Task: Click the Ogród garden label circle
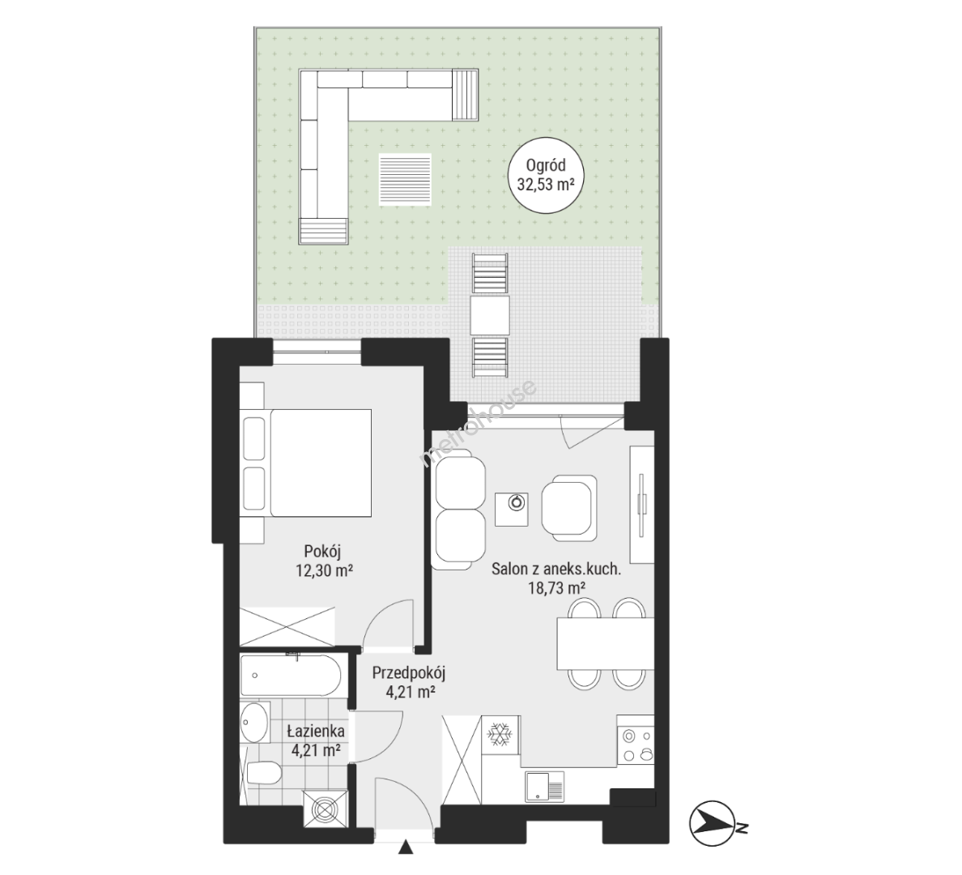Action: pyautogui.click(x=546, y=175)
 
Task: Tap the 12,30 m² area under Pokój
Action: pyautogui.click(x=324, y=571)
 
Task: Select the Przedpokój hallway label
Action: pyautogui.click(x=409, y=673)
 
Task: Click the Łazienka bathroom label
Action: pyautogui.click(x=316, y=732)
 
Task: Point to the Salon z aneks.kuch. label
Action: pyautogui.click(x=556, y=570)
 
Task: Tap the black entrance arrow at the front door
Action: pyautogui.click(x=405, y=847)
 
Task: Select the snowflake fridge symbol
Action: pyautogui.click(x=499, y=733)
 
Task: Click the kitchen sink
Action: pyautogui.click(x=544, y=787)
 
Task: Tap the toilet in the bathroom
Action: pyautogui.click(x=262, y=772)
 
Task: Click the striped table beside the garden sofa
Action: pyautogui.click(x=405, y=181)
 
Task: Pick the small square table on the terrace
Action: pyautogui.click(x=490, y=315)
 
